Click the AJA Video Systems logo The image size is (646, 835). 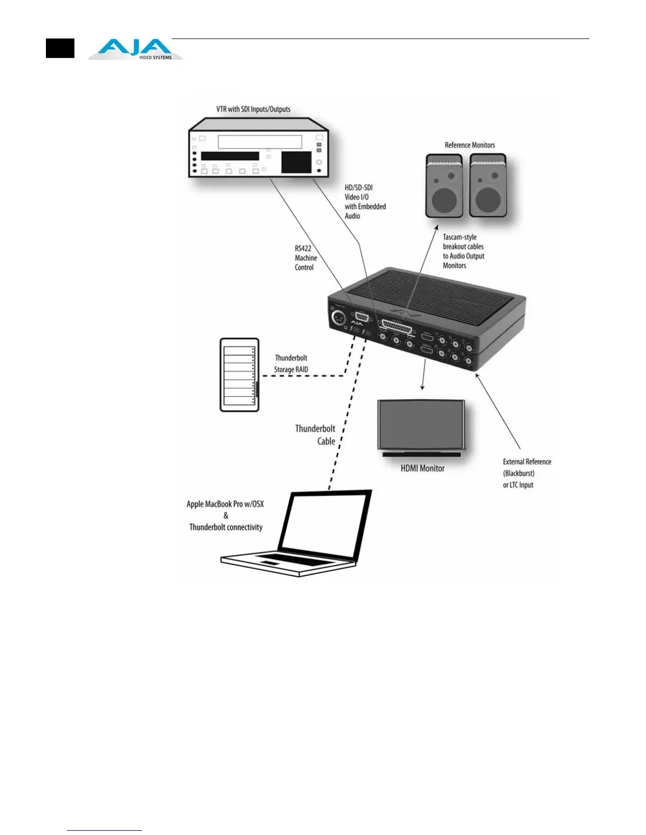click(135, 50)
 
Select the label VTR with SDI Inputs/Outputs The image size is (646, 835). click(253, 109)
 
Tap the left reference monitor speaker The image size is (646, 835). click(444, 186)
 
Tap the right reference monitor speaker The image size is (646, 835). click(488, 186)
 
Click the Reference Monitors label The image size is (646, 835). click(470, 145)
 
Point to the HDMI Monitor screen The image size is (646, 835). click(421, 424)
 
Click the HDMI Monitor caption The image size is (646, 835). click(422, 468)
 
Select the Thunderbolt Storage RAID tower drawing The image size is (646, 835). click(239, 375)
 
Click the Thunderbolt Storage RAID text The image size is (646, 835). click(291, 364)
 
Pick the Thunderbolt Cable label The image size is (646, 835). click(315, 435)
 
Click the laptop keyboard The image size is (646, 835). click(285, 559)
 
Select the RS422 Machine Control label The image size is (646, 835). click(306, 258)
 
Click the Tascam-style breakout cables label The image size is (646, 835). click(463, 251)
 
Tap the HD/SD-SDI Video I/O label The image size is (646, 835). click(365, 201)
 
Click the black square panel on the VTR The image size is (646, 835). click(296, 162)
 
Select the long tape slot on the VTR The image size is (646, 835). click(260, 142)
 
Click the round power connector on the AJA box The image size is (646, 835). click(338, 318)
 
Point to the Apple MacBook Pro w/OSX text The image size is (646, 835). click(225, 504)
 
